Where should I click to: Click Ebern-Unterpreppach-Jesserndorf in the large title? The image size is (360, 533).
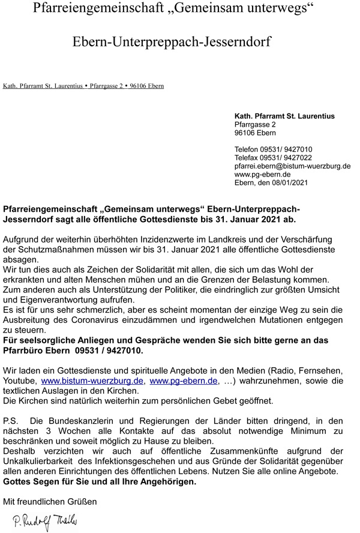(x=172, y=42)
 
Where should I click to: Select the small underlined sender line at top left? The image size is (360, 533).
(x=83, y=86)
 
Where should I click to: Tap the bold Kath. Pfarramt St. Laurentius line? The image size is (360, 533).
(x=284, y=116)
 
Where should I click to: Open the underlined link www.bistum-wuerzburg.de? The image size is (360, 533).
(x=92, y=381)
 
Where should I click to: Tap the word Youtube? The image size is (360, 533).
(x=20, y=381)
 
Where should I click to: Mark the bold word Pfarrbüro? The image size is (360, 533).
(x=26, y=351)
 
